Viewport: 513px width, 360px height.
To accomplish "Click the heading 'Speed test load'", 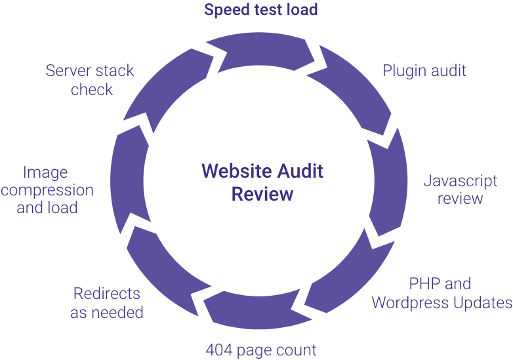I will click(x=260, y=10).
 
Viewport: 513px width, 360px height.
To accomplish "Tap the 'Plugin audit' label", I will click(x=424, y=71).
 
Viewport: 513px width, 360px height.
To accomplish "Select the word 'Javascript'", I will click(x=460, y=181).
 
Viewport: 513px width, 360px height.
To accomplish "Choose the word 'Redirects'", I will click(x=106, y=294).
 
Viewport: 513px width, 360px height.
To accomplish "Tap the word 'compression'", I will click(x=47, y=190).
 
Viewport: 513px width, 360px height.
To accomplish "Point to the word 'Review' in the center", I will click(x=262, y=194).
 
